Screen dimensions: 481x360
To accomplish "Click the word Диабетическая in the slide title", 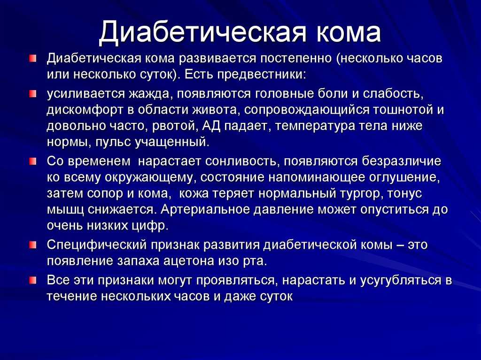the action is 202,32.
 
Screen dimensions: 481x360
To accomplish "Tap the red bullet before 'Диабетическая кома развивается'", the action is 33,58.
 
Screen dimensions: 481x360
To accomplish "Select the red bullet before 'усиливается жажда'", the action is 33,93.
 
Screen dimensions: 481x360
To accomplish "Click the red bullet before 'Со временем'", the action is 33,161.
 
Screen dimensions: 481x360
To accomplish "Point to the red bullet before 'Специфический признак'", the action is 33,245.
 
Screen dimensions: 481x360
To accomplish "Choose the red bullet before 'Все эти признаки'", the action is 33,280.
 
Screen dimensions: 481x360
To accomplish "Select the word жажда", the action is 148,94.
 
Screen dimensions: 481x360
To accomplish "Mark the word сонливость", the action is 241,161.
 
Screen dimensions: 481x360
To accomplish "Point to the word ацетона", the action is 189,261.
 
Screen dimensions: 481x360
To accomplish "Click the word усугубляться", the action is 400,281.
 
